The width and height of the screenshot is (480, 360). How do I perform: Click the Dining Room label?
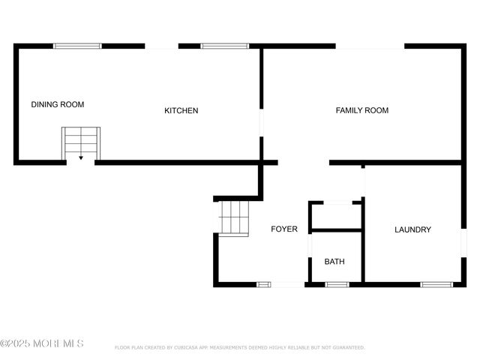coord(57,104)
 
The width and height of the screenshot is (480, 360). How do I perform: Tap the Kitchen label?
coord(181,111)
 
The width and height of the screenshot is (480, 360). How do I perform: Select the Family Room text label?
coord(361,110)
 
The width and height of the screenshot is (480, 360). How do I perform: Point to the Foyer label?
coord(283,229)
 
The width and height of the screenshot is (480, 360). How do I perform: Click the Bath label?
coord(334,262)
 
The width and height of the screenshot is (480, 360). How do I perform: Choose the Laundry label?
coord(412,229)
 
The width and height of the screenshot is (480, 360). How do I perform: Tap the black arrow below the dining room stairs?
coord(80,158)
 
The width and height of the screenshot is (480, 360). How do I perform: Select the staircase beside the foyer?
coord(234,217)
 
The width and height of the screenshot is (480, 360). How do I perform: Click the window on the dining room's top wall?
coord(77,46)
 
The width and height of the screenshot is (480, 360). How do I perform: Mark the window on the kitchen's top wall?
coord(224,46)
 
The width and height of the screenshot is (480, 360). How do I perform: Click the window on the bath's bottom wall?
coord(337,284)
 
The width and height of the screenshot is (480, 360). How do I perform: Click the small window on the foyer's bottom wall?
coord(264,284)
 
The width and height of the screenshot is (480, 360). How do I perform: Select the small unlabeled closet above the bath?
coord(336,216)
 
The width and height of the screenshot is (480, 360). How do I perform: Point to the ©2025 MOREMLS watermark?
coord(42,343)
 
